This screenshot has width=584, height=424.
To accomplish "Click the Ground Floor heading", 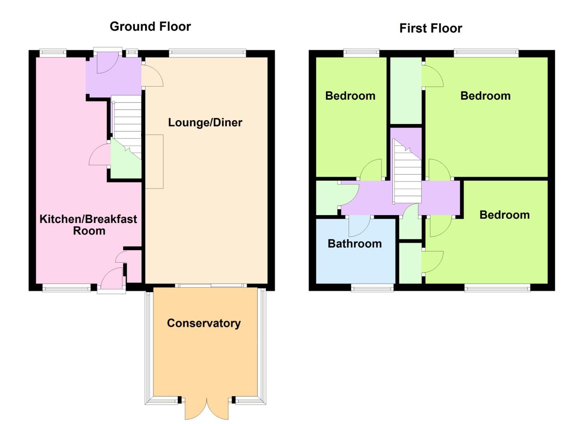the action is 150,27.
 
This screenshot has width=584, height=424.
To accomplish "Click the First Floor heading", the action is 431,28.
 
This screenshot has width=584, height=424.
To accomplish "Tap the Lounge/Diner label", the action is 205,122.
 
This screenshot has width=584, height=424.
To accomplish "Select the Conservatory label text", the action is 204,323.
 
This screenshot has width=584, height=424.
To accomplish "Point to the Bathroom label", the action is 355,244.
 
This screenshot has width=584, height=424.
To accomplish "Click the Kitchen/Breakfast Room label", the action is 88,225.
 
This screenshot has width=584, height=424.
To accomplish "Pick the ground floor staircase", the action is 127,127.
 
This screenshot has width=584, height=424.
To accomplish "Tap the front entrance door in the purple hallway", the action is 108,62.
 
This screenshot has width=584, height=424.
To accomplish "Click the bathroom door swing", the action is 359,227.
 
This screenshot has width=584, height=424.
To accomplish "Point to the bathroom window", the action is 372,288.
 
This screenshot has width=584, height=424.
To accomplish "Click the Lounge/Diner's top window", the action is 208,53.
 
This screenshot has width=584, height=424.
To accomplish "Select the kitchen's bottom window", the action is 66,288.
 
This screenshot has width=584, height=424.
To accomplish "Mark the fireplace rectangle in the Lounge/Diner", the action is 154,161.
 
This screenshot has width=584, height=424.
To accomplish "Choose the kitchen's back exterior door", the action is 112,279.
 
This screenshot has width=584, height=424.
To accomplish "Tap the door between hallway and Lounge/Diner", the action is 153,75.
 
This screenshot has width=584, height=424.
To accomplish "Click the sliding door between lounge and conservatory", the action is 211,285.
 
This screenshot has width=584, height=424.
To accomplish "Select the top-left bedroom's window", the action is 361,53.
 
